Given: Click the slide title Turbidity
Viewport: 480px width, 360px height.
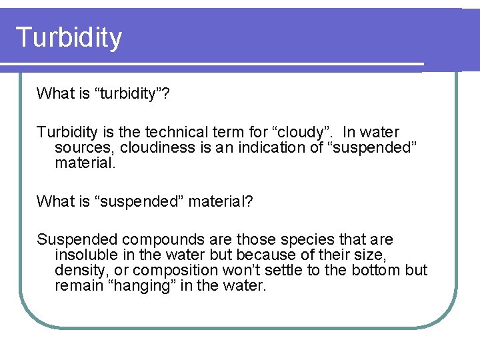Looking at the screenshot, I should pos(69,38).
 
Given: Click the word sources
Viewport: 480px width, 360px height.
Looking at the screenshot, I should pos(83,147).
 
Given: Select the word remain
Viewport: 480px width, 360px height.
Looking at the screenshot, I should pos(75,286).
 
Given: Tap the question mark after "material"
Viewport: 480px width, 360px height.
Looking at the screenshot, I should pos(249,201).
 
